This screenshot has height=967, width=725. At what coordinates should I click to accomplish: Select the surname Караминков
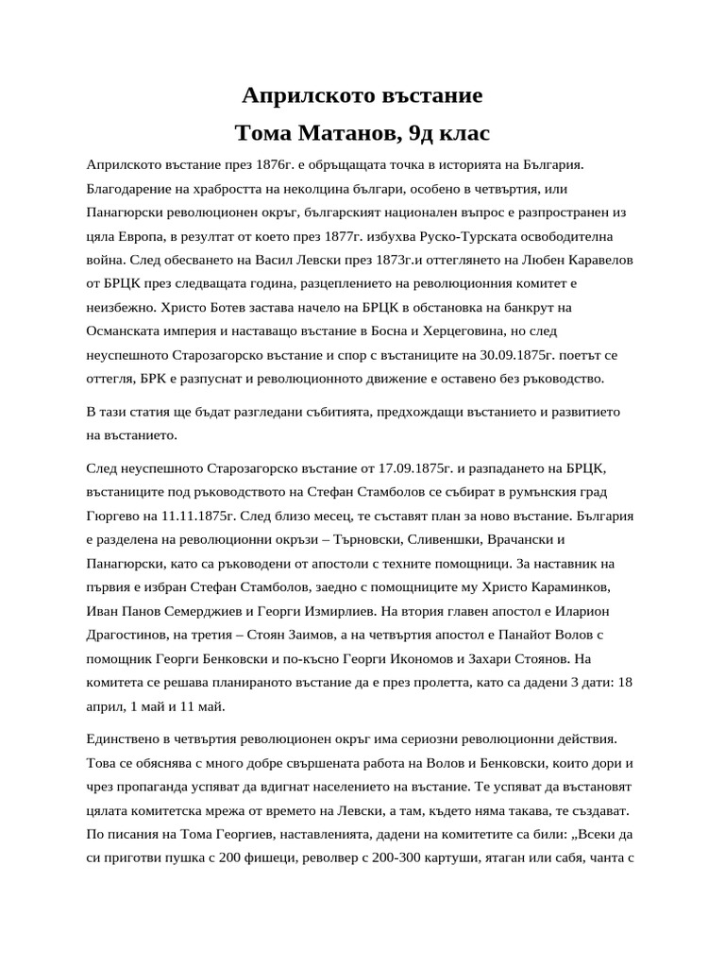(x=576, y=588)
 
